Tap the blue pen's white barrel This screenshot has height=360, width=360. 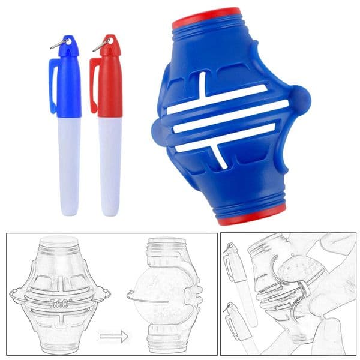click(69, 166)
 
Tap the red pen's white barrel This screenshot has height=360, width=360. click(110, 166)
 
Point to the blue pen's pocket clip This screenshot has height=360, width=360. click(53, 86)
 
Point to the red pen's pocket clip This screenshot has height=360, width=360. click(94, 85)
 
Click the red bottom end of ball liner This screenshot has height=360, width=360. click(251, 215)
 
